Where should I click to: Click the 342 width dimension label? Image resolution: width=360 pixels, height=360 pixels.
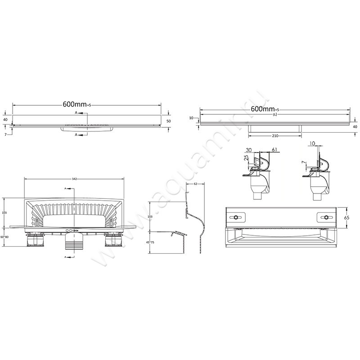click(73, 179)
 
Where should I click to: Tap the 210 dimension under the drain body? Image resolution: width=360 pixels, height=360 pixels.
click(274, 135)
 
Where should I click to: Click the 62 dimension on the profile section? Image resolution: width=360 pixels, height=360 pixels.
click(196, 184)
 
